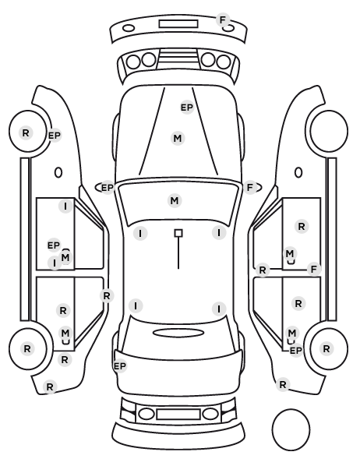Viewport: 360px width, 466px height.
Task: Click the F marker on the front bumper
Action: (222, 20)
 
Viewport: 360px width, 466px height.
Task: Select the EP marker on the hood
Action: (187, 108)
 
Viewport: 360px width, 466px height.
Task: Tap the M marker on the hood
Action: (178, 138)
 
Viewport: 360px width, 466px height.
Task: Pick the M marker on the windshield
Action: (175, 200)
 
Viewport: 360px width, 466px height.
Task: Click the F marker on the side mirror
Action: (250, 187)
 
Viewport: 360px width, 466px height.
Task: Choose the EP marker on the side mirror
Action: (108, 188)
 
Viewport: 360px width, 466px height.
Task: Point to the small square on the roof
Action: (178, 233)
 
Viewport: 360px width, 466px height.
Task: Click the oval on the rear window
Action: (178, 333)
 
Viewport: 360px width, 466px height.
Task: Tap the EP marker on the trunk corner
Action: (120, 365)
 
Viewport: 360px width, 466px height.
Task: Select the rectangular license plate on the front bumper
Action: (178, 24)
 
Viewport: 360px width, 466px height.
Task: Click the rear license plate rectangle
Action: (178, 414)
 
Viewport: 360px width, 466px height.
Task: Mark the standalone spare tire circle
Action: (291, 429)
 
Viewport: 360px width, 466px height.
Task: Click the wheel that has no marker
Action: (329, 131)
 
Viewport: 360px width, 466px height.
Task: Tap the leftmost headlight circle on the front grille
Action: (133, 62)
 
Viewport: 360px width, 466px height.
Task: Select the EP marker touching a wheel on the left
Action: (55, 136)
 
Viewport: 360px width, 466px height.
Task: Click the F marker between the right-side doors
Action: (313, 270)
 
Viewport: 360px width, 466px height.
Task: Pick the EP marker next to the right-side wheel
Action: (296, 351)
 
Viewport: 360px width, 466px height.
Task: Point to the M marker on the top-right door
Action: (289, 253)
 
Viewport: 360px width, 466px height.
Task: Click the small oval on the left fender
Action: (58, 172)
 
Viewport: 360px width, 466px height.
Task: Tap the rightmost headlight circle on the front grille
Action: (224, 62)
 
